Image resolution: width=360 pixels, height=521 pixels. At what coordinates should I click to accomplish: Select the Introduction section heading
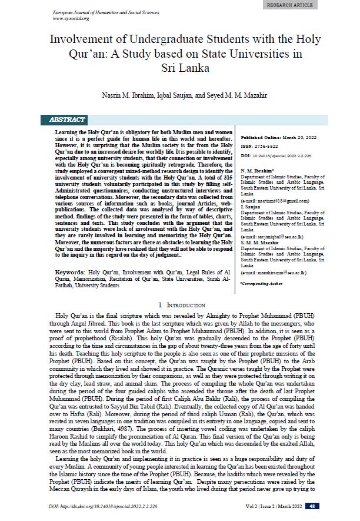tap(180, 306)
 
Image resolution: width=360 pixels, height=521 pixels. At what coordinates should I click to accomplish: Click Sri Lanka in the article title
tap(180, 67)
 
